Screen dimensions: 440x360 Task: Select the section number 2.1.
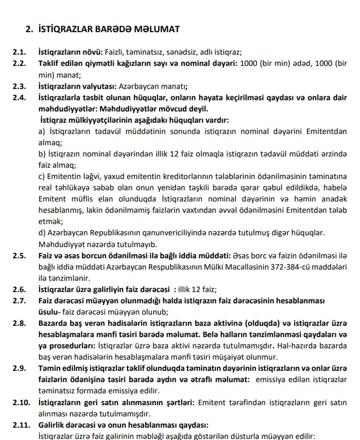pos(20,53)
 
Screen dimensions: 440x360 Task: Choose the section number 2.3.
pos(20,86)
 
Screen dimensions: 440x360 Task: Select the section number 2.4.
pos(20,98)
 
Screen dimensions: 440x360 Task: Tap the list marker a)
pos(42,131)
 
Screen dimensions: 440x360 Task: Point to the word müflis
pos(79,199)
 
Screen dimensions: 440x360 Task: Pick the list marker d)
pos(42,233)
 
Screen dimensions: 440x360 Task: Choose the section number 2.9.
pos(20,368)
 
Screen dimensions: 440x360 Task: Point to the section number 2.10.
pos(21,402)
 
